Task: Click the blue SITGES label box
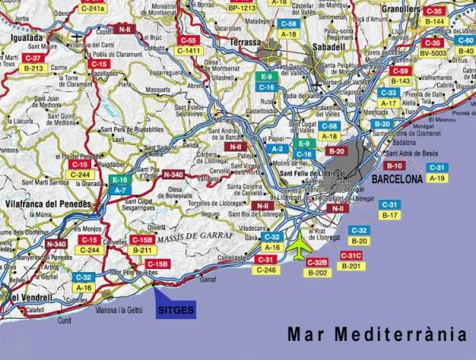click(x=175, y=310)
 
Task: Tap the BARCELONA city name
click(x=397, y=180)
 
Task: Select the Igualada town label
click(x=28, y=36)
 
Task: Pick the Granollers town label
click(x=399, y=9)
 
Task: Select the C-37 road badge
click(x=33, y=58)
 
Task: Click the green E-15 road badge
click(x=120, y=180)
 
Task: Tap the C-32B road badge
click(x=317, y=262)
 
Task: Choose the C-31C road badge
click(x=351, y=255)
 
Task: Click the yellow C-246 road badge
click(x=267, y=270)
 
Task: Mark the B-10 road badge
click(x=394, y=166)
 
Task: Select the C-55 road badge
click(x=188, y=40)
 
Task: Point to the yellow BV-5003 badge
click(x=433, y=53)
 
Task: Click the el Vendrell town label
click(x=26, y=297)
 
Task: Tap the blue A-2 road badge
click(x=277, y=148)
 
